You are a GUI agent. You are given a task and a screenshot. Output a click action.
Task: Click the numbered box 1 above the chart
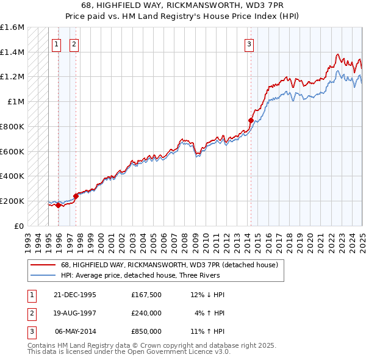point(56,43)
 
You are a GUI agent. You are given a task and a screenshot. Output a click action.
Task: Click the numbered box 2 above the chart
point(74,43)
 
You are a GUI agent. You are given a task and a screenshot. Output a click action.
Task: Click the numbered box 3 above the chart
point(249,43)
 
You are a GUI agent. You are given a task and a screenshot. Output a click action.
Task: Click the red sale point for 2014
point(251,121)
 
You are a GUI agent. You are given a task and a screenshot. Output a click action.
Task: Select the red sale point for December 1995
point(58,205)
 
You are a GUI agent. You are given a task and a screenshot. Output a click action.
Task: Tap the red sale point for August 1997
point(76,196)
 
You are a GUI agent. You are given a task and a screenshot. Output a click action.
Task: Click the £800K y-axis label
point(12,126)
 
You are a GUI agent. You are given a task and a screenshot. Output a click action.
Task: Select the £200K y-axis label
point(12,201)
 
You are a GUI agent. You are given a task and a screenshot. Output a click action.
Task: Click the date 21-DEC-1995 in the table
point(76,295)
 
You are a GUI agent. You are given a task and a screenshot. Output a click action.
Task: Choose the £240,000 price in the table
point(146,313)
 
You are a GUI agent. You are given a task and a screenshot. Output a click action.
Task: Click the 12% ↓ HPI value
point(207,295)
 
